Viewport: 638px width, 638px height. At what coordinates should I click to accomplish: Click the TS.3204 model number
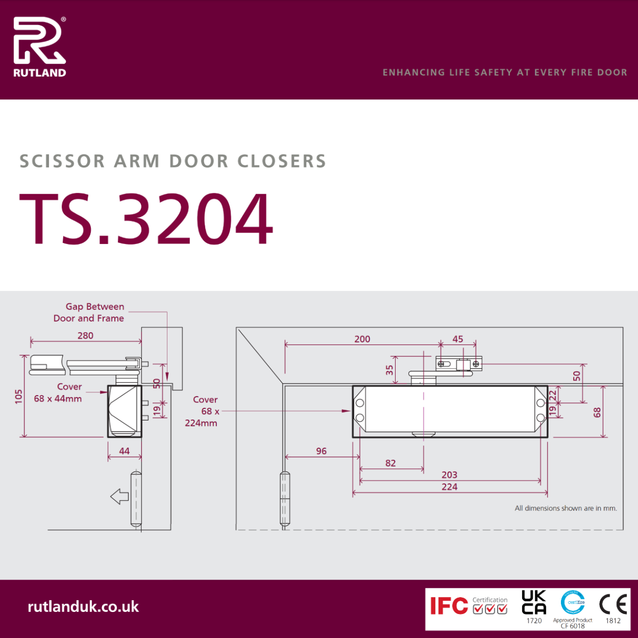(x=146, y=219)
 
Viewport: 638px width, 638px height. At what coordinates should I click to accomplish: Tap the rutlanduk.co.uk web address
(x=83, y=607)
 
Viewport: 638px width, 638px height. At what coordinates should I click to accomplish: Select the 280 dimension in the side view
(x=85, y=335)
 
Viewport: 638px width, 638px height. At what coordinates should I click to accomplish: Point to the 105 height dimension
(x=19, y=396)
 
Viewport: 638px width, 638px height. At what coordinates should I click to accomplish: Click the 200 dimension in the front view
(x=362, y=339)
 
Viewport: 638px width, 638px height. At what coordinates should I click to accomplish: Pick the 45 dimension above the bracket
(x=458, y=339)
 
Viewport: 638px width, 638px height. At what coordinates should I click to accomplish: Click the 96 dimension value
(x=321, y=451)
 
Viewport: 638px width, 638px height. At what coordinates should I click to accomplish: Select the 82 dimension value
(x=390, y=463)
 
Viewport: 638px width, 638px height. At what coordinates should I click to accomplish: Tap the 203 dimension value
(x=449, y=475)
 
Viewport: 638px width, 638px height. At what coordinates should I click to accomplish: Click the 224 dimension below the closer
(x=449, y=486)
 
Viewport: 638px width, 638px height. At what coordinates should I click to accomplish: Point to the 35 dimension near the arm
(x=390, y=370)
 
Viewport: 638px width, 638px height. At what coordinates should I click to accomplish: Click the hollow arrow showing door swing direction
(x=120, y=497)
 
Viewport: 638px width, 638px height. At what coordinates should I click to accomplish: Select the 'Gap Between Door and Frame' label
(x=89, y=313)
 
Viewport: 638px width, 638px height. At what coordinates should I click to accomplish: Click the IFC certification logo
(x=450, y=606)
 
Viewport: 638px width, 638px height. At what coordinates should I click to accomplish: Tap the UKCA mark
(x=534, y=602)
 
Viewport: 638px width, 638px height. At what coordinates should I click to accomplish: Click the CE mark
(x=613, y=604)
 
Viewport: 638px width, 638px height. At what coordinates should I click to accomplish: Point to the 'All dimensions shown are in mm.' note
(x=566, y=508)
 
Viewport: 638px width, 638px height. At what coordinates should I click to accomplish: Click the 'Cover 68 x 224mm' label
(x=202, y=411)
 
